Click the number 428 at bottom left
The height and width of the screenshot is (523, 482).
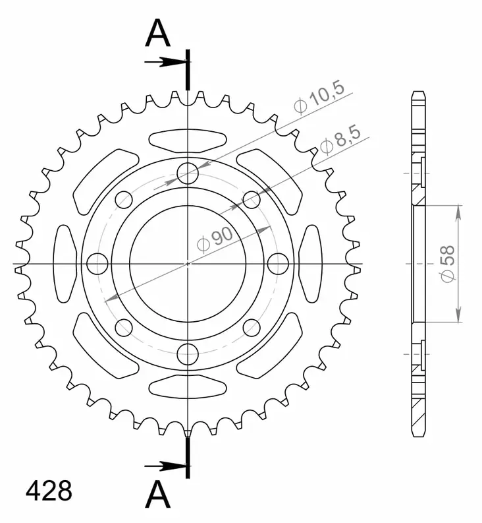[48, 491]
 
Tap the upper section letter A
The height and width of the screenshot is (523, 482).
[158, 34]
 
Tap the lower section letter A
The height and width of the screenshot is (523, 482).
[158, 494]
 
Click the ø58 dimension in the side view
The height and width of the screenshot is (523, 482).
[448, 264]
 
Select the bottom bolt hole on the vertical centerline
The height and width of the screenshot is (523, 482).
[188, 353]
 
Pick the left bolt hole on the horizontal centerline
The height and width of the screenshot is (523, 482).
[97, 264]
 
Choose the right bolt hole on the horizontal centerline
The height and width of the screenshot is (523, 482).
[278, 264]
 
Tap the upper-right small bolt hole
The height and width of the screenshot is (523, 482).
[252, 199]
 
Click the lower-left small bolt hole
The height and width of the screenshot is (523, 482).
[124, 327]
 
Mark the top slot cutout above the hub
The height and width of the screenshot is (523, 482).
[188, 140]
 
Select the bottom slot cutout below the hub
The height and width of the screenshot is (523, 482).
[188, 387]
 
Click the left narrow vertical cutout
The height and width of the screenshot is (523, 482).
[64, 264]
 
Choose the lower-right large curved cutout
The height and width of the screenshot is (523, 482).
[270, 347]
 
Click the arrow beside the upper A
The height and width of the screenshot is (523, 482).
[165, 63]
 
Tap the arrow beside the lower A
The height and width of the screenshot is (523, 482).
[165, 466]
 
